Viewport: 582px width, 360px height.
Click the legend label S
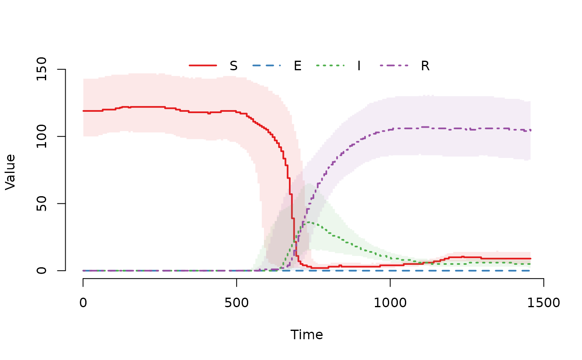click(x=234, y=66)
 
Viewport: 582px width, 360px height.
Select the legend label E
click(x=298, y=66)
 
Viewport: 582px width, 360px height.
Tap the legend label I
click(x=359, y=66)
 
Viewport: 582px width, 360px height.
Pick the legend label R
click(x=425, y=66)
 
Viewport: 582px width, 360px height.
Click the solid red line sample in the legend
click(x=203, y=65)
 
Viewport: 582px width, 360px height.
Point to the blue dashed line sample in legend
click(x=266, y=65)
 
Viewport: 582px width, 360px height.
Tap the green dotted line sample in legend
click(x=330, y=65)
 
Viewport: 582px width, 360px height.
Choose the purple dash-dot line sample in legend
click(x=395, y=65)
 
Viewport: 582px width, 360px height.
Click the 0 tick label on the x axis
click(x=83, y=303)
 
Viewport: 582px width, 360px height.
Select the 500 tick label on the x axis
click(x=237, y=303)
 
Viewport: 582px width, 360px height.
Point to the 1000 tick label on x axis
click(x=390, y=303)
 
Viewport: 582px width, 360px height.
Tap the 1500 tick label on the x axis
click(x=543, y=303)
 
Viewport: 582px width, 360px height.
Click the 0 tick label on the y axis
click(x=42, y=271)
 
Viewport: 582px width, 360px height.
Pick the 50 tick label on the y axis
click(x=42, y=204)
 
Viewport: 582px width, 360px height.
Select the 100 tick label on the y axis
click(x=42, y=136)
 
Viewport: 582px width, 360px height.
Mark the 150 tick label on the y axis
click(x=42, y=69)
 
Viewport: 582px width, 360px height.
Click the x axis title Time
click(x=307, y=335)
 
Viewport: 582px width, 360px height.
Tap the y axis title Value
click(x=10, y=172)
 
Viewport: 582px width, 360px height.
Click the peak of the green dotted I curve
click(x=308, y=222)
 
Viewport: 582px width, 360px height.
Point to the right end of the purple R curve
click(x=530, y=130)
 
